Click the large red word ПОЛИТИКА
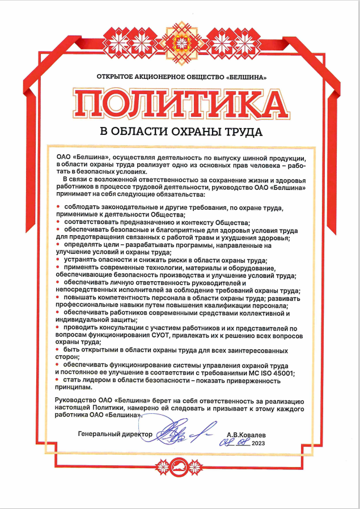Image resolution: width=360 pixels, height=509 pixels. pos(180,104)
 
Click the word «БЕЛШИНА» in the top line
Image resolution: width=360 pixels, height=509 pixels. pos(246,76)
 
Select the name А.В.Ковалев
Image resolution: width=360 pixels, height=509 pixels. pos(245,434)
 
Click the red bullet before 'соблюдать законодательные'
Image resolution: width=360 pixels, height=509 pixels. pos(58,207)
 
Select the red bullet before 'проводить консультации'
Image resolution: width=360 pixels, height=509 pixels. pos(58,328)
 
